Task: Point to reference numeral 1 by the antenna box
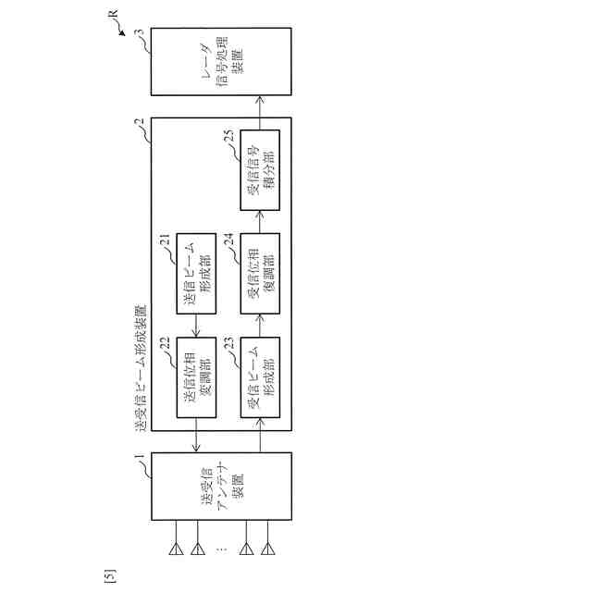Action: (139, 457)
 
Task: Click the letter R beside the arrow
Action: (114, 16)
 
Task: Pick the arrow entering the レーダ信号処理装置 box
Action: (260, 107)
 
